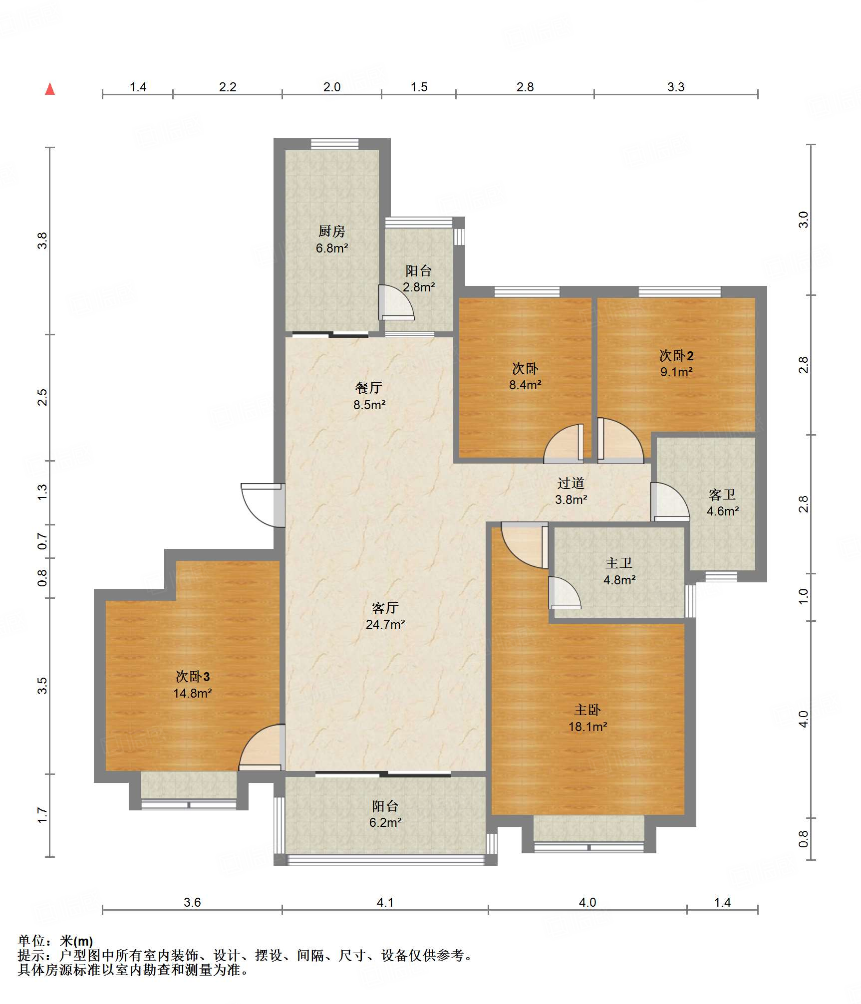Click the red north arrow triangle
tap(50, 89)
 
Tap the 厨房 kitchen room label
tap(332, 231)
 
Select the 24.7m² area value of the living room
tap(385, 624)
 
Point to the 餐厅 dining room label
tap(369, 388)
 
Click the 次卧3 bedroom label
tap(193, 676)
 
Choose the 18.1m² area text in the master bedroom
tap(588, 727)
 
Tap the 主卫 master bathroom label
tap(619, 563)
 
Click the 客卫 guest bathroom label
tap(722, 495)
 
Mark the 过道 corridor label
tap(571, 483)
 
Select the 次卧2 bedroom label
tap(676, 355)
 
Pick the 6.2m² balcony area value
tap(385, 822)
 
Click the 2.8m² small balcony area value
tap(419, 287)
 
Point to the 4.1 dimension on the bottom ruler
tap(385, 902)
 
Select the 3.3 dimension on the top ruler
tap(676, 87)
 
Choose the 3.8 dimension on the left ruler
tap(42, 241)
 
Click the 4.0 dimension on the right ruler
tap(803, 719)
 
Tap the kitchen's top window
tap(334, 144)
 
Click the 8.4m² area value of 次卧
tap(525, 385)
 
